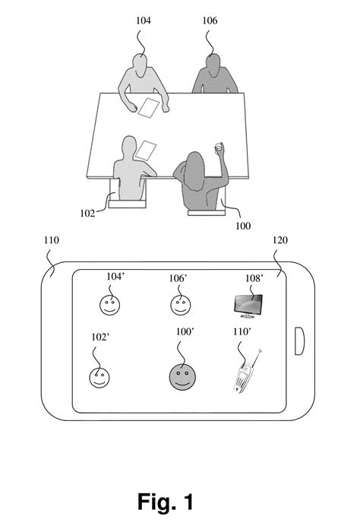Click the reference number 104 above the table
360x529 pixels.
tap(144, 21)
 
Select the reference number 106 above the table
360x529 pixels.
tap(210, 21)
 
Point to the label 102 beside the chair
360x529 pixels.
tap(87, 214)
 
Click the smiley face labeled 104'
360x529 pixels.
tap(109, 306)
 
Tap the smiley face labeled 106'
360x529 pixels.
tap(179, 306)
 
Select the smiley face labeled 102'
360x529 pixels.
tap(97, 377)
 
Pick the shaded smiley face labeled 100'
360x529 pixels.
tap(181, 376)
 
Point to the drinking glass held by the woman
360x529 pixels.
tap(219, 146)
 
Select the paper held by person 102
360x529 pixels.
tap(147, 149)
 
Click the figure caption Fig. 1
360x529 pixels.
tap(166, 502)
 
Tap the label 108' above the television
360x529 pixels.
tap(254, 278)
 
